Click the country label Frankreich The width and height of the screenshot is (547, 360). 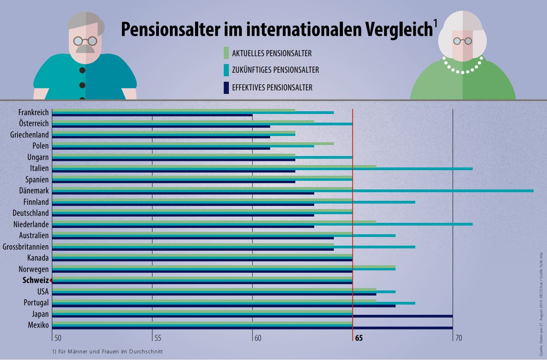[33, 112]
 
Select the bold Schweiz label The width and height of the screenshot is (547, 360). [35, 281]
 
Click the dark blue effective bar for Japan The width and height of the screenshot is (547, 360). [401, 316]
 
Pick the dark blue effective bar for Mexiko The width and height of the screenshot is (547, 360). [401, 327]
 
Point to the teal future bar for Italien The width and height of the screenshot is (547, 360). [413, 169]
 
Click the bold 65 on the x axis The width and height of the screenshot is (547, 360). [359, 338]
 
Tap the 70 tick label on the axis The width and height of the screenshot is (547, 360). [458, 338]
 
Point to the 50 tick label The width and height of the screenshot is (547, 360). [57, 338]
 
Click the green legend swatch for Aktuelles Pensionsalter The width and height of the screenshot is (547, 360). [226, 53]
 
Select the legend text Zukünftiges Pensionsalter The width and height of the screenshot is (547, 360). [275, 70]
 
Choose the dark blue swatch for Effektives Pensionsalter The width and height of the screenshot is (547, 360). [226, 87]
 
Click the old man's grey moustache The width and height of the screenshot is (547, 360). [85, 48]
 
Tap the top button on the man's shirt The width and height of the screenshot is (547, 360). [82, 71]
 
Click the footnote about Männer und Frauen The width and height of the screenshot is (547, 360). [107, 351]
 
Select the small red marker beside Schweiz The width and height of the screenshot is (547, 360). [51, 280]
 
